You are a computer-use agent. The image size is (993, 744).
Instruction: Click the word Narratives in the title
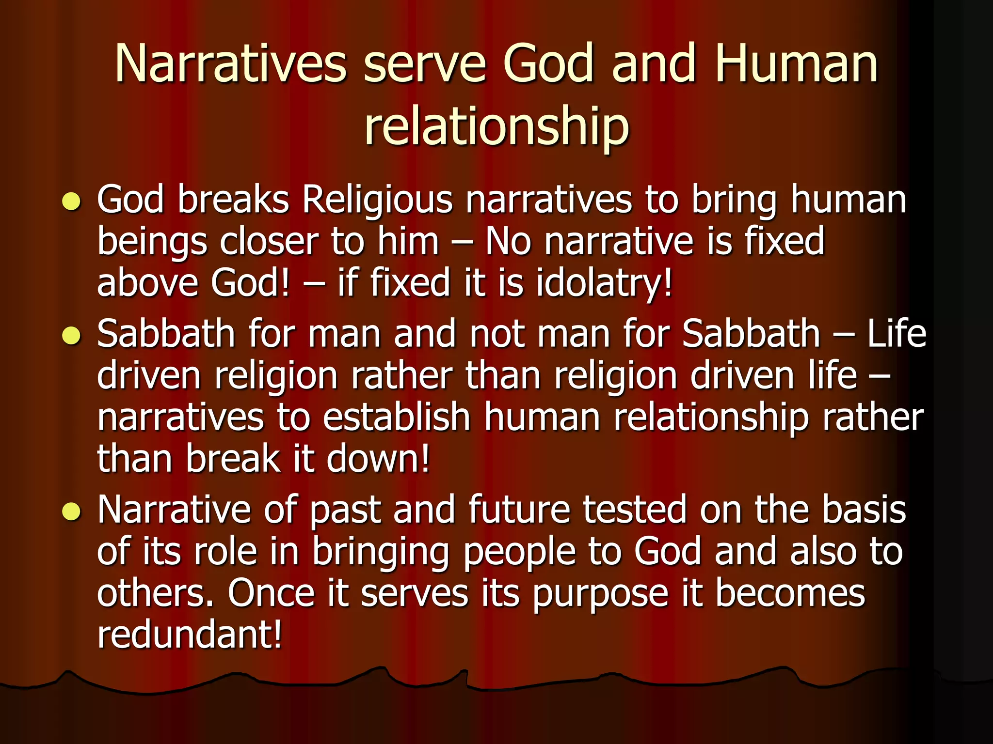[x=231, y=64]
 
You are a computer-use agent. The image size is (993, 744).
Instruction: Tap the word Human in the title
[x=796, y=64]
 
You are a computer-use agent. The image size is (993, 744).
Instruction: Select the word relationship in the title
[x=496, y=127]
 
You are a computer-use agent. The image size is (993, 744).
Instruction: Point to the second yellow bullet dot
[x=71, y=335]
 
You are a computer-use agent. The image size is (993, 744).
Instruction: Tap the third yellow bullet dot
[x=71, y=511]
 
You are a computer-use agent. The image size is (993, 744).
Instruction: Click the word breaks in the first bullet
[x=234, y=200]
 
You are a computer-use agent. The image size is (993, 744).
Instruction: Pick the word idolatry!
[x=604, y=283]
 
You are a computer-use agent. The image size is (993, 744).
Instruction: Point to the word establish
[x=397, y=417]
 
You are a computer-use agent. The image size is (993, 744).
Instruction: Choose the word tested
[x=635, y=510]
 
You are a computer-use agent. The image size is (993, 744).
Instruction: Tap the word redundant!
[x=190, y=635]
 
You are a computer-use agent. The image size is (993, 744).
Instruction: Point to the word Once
[x=271, y=593]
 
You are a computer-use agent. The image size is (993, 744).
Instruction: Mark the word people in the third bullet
[x=519, y=553]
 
